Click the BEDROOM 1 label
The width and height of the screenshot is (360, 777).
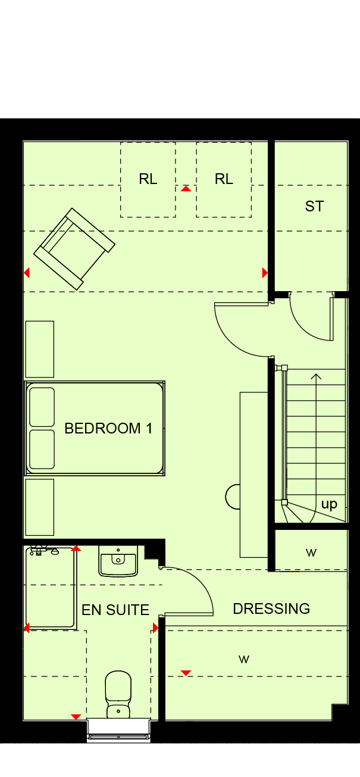pos(108,428)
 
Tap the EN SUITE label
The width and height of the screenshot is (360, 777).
pos(115,610)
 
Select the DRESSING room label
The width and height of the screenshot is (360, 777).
pos(271,609)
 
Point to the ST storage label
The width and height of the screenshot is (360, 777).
pos(314,207)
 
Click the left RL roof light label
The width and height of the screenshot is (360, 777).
pos(148,179)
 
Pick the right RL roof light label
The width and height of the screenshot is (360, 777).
pos(224,179)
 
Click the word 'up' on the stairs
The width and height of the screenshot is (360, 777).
pos(329,505)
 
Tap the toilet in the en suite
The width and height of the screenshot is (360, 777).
pos(118,694)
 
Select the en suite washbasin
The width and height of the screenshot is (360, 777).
pos(118,561)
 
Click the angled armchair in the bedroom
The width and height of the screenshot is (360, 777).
pos(74,249)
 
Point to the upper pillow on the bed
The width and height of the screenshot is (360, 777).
pos(42,407)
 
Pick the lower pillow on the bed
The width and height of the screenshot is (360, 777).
pos(42,450)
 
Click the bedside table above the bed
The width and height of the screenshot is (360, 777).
pos(39,349)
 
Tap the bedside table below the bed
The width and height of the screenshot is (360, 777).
pos(39,507)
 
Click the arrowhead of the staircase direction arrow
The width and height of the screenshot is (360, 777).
pos(315,376)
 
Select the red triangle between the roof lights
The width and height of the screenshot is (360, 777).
pos(186,188)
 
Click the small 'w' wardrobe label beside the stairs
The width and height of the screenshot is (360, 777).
pos(311,553)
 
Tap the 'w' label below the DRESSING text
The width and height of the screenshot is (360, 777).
pos(244,659)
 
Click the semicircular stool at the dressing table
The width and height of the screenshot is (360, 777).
pos(233,497)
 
